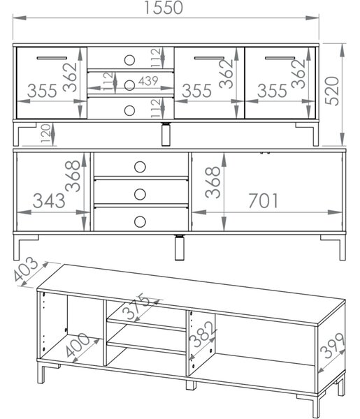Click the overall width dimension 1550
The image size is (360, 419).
164,8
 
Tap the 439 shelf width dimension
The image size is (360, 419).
148,81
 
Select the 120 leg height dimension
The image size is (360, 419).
45,133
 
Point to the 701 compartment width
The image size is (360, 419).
263,200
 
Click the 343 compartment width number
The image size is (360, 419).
49,200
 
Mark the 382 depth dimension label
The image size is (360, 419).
203,334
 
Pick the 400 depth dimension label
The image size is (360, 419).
78,345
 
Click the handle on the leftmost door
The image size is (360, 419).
52,58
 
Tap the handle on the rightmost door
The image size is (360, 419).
280,58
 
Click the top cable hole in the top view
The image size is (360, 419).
129,60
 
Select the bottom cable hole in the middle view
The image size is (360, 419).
140,221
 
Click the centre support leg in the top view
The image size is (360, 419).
166,134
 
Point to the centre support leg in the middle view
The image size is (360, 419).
179,247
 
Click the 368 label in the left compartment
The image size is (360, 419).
73,176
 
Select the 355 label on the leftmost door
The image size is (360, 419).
42,91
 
